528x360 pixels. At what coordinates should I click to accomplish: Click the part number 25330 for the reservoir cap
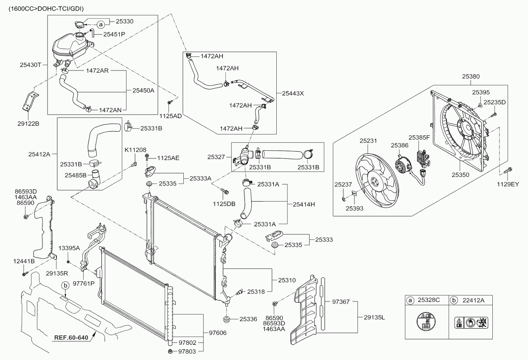124,21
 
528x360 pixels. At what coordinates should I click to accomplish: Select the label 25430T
30,65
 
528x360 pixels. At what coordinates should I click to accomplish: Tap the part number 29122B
28,124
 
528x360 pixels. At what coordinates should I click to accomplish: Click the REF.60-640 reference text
71,338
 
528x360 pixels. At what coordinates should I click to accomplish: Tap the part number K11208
135,150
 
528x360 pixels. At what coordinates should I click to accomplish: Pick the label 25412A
39,154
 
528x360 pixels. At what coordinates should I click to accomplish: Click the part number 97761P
84,283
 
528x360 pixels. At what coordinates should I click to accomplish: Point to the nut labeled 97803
170,351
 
